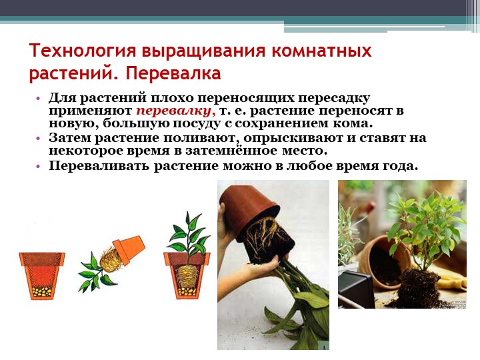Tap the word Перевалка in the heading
(x=173, y=74)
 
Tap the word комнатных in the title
(x=321, y=51)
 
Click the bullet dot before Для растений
(x=38, y=99)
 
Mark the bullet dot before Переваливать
(x=38, y=167)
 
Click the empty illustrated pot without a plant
(x=41, y=275)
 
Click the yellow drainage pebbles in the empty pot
(x=41, y=292)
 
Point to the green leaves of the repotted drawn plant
(x=188, y=233)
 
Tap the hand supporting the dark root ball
(x=260, y=269)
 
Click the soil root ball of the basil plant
(x=419, y=288)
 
